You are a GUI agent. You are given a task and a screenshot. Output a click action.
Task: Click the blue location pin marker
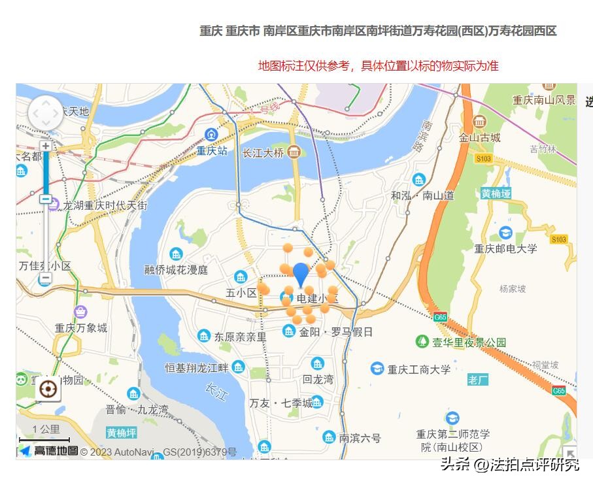click(x=301, y=274)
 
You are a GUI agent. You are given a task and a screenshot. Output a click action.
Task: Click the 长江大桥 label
click(x=263, y=153)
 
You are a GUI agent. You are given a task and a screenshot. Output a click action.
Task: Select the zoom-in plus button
click(x=45, y=146)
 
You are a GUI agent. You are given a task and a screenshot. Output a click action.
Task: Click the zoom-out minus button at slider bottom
click(x=45, y=279)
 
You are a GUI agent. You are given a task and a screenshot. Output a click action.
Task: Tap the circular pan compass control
click(x=45, y=113)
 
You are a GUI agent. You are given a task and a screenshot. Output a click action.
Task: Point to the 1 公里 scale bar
click(x=45, y=435)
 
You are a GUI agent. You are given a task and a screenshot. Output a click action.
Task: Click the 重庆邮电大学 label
click(x=505, y=248)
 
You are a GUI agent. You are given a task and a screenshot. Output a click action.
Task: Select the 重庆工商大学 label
click(x=418, y=369)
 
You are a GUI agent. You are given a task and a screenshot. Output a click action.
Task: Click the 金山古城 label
click(x=479, y=137)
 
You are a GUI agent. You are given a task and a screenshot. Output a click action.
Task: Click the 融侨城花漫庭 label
click(x=176, y=269)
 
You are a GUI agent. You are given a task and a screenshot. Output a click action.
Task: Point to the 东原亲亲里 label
click(x=240, y=337)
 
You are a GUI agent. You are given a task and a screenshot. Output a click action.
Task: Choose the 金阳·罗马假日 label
click(x=335, y=331)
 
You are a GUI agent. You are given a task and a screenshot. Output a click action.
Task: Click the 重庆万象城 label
click(x=81, y=327)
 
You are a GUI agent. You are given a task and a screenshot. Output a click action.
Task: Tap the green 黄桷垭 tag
click(x=496, y=193)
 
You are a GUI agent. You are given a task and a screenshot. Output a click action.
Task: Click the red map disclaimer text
click(x=379, y=65)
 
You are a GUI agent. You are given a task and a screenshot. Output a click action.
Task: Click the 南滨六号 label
click(x=359, y=438)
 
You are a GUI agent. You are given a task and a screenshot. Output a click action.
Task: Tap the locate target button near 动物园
click(x=48, y=390)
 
